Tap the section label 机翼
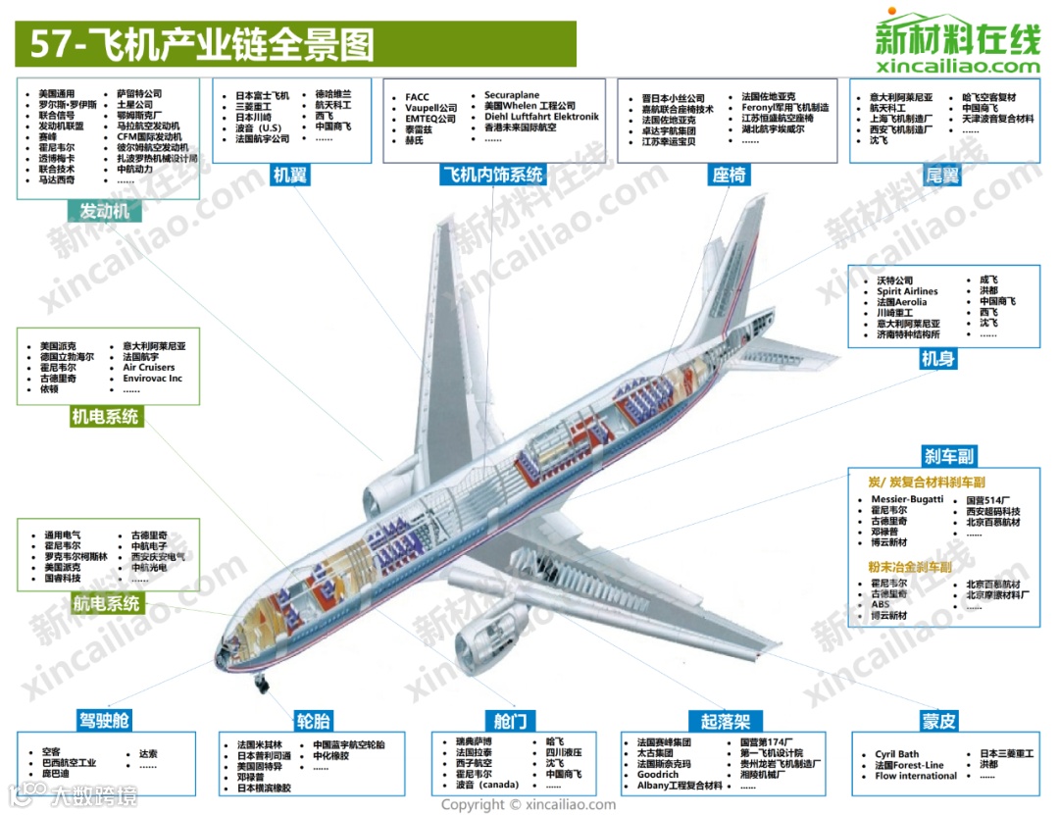click(x=291, y=176)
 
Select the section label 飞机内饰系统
click(x=492, y=176)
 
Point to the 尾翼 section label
click(x=942, y=176)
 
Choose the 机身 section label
click(x=937, y=360)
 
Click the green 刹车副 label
click(x=949, y=456)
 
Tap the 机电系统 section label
click(x=106, y=417)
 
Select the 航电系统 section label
click(x=106, y=604)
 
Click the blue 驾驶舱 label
click(x=104, y=722)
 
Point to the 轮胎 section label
click(x=314, y=722)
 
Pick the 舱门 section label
click(x=510, y=722)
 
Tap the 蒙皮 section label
click(x=938, y=722)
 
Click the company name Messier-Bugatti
click(x=907, y=499)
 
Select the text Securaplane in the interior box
click(x=512, y=96)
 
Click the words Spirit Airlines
click(x=907, y=291)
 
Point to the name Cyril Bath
click(x=897, y=754)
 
